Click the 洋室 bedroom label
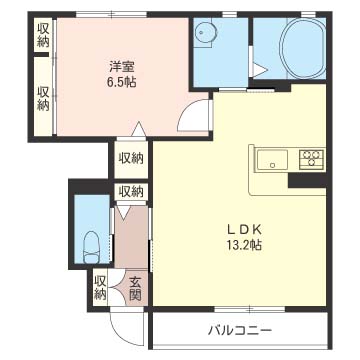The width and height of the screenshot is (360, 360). pos(122,67)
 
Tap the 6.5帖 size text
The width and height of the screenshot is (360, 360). pos(121,82)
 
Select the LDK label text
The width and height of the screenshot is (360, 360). pos(244,230)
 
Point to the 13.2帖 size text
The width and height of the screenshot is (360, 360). pos(244,246)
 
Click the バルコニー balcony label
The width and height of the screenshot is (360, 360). pos(240,331)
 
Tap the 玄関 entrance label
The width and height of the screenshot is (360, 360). pos(135,289)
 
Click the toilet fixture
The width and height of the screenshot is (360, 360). pos(91,247)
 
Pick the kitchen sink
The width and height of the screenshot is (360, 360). pos(272,159)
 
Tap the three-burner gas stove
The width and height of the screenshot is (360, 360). pos(312,159)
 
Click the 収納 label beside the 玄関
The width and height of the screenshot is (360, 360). pos(100,288)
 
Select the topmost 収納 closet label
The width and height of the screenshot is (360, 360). pos(43,35)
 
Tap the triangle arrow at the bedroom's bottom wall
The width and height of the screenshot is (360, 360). pos(137,129)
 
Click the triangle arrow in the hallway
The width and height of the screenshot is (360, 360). pos(123,212)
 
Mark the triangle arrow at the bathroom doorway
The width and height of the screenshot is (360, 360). pos(260,70)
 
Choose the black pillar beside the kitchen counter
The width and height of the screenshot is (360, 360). pos(307,181)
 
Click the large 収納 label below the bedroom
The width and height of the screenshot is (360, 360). pos(131,158)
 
